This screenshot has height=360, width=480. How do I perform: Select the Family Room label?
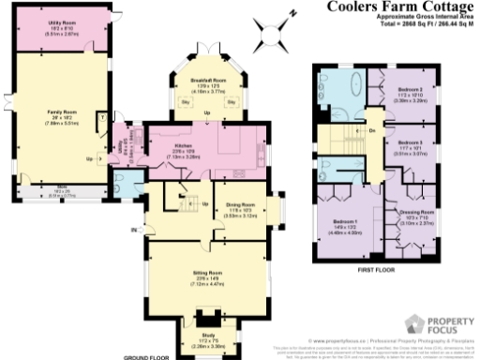[x=62, y=112]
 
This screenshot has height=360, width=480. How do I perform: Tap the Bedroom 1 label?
[x=340, y=221]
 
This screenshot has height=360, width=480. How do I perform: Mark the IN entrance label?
[x=135, y=230]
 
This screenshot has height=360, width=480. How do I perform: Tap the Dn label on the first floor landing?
[x=371, y=129]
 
